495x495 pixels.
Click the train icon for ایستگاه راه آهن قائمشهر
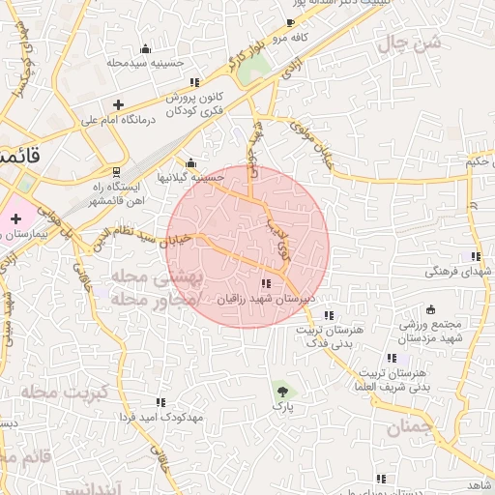[x=117, y=171]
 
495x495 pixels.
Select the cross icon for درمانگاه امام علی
[x=118, y=104]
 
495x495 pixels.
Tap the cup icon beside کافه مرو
[x=291, y=23]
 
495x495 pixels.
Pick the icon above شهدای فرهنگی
[x=475, y=256]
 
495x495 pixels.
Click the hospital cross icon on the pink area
[x=15, y=219]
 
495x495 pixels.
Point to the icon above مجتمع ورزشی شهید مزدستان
[x=404, y=332]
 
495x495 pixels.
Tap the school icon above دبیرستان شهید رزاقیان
[x=266, y=283]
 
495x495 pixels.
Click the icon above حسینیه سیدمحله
[x=145, y=48]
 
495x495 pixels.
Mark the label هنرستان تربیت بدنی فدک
[x=329, y=335]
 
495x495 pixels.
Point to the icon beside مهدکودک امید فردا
[x=160, y=401]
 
